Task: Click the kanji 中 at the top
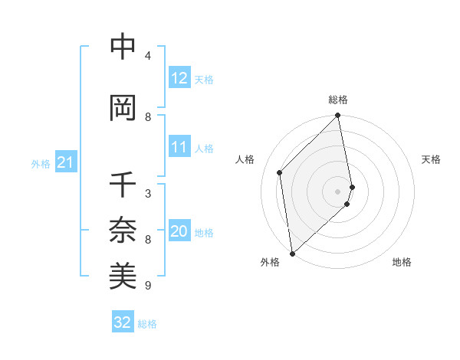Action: tap(123, 47)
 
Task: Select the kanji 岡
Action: tap(123, 108)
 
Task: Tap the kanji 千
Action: tap(123, 185)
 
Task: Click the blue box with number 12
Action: tap(179, 78)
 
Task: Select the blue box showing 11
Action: tap(179, 147)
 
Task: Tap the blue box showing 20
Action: tap(179, 232)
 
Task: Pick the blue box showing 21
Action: tap(65, 163)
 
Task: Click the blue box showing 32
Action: tap(123, 322)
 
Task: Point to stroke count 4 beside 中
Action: tap(148, 56)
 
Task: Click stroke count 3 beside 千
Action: tap(148, 194)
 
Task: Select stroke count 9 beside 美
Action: tap(148, 286)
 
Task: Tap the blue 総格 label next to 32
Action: tap(147, 324)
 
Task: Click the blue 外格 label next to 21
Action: tap(40, 164)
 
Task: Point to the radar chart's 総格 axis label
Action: tap(338, 100)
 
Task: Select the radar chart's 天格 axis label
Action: tap(431, 159)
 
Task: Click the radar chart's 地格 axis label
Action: tap(402, 262)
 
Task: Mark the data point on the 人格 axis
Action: tap(280, 172)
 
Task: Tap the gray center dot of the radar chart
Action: tap(338, 191)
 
